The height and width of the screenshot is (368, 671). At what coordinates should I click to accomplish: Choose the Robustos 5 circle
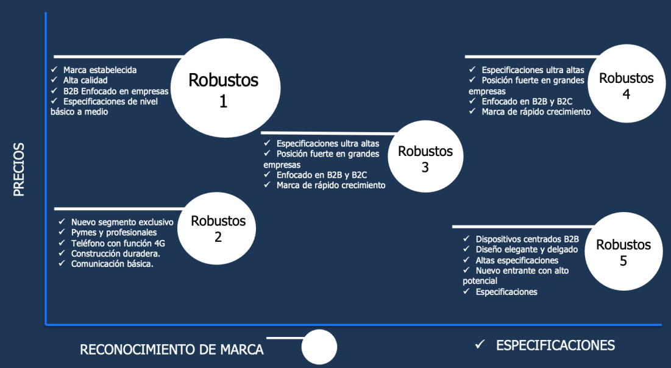[x=623, y=252]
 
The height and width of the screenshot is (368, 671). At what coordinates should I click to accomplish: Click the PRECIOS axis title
[x=20, y=169]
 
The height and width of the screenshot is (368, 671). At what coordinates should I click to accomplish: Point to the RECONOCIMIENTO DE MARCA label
[x=172, y=350]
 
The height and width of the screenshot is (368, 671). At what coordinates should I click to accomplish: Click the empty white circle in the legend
[x=319, y=347]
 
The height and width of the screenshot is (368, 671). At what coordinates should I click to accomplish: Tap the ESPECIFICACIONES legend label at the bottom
[x=555, y=345]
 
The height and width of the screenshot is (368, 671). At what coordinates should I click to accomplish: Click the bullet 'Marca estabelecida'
[x=99, y=70]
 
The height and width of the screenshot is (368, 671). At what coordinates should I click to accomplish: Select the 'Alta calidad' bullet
[x=85, y=80]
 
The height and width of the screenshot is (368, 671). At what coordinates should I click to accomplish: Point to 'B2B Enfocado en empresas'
[x=116, y=91]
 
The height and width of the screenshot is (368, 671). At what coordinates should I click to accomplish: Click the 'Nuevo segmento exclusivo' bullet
[x=122, y=222]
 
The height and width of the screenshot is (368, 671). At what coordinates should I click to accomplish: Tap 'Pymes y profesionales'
[x=114, y=233]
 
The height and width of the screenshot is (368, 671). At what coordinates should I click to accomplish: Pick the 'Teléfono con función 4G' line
[x=118, y=243]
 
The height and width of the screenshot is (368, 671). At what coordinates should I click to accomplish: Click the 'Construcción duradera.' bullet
[x=116, y=253]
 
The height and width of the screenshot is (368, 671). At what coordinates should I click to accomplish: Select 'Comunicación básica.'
[x=112, y=264]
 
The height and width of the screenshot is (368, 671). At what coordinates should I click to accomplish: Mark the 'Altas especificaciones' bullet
[x=517, y=260]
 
